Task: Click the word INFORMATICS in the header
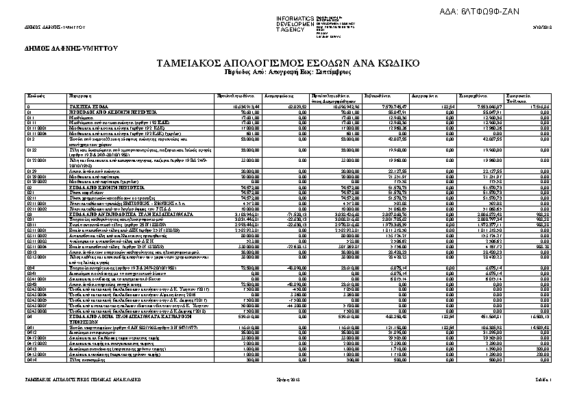click(295, 17)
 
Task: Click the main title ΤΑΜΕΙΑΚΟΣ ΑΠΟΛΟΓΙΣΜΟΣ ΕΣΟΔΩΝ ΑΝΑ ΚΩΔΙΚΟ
click(288, 63)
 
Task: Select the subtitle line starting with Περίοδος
click(288, 71)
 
